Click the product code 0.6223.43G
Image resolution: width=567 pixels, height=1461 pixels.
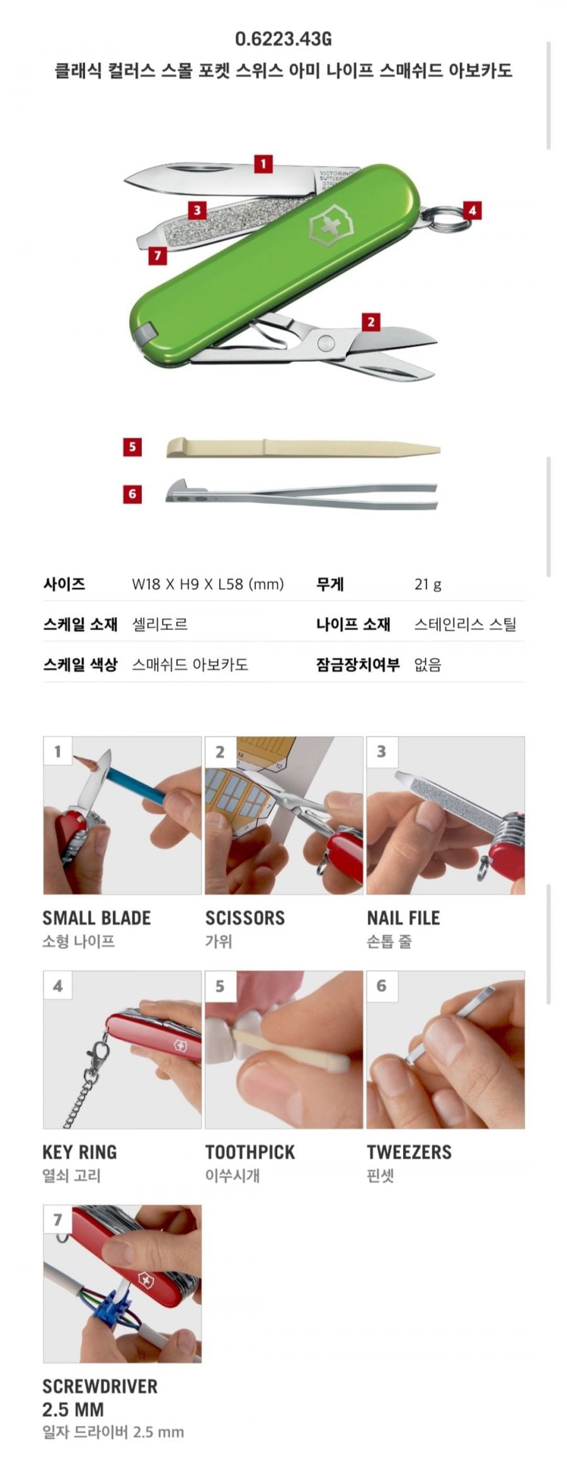tap(283, 39)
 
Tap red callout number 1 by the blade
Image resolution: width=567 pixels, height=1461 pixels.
tap(263, 164)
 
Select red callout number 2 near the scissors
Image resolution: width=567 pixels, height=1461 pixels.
tap(370, 321)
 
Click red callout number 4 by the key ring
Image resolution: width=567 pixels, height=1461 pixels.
tap(472, 210)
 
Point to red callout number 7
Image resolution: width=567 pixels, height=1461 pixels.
tap(157, 255)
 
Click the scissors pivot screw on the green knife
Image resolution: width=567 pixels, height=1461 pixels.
tap(326, 343)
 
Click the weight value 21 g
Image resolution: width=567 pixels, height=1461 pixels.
tap(428, 584)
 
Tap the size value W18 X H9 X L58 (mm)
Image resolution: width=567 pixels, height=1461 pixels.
tap(208, 584)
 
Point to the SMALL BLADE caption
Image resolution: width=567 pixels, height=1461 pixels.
tap(96, 918)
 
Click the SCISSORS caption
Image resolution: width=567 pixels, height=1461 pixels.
tap(245, 918)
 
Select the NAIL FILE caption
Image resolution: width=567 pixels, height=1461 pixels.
tap(403, 918)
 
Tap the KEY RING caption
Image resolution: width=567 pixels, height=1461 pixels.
tap(79, 1152)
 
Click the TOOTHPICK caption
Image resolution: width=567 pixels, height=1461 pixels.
tap(250, 1152)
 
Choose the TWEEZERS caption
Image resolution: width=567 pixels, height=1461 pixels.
tap(409, 1152)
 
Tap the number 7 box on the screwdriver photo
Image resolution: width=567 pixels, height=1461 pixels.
tap(57, 1220)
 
